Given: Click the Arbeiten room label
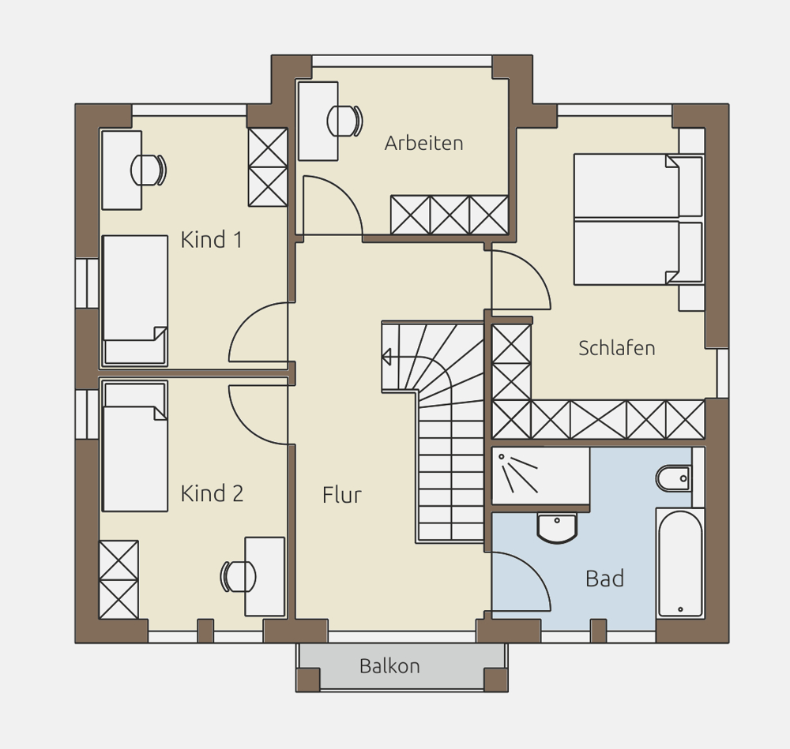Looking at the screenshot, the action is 423,144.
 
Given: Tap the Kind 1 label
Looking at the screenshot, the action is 212,240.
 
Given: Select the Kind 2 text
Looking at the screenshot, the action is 212,493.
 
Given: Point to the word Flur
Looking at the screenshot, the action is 342,495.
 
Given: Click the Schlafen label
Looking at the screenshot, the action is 617,348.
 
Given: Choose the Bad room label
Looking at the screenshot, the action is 604,579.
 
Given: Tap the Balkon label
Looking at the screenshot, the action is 389,666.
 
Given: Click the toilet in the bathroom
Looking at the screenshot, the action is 674,478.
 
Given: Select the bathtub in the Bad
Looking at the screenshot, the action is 680,564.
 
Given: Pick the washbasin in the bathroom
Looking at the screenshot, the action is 557,528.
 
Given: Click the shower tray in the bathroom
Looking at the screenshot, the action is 540,476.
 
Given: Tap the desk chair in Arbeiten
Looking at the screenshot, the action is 345,122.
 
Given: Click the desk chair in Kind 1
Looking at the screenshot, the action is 149,170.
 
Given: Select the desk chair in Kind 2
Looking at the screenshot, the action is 238,576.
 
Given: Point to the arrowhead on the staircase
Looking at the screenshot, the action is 386,357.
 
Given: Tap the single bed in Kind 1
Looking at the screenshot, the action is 135,300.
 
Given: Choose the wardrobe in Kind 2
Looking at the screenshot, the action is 119,580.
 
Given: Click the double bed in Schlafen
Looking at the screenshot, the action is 638,219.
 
